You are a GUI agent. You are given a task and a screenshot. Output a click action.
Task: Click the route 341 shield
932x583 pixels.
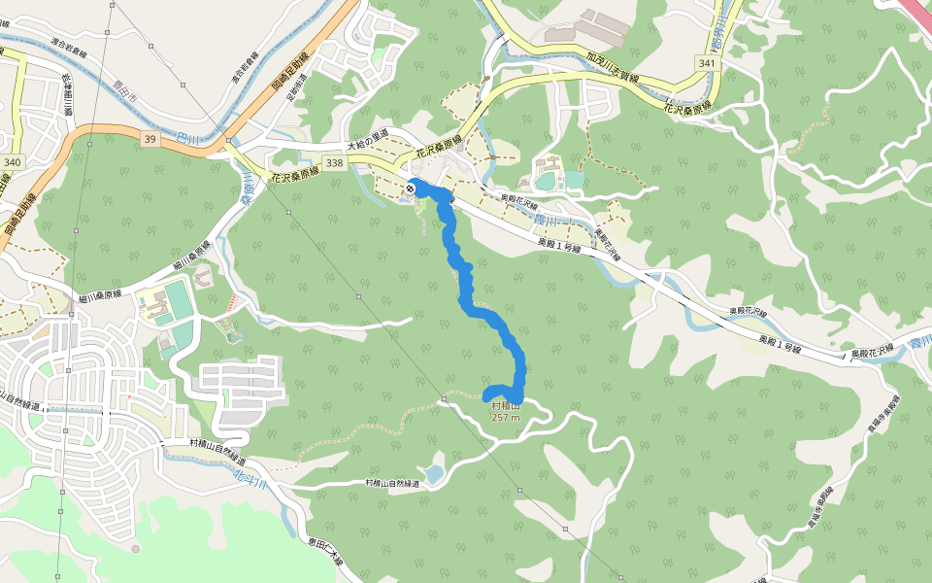click(x=706, y=63)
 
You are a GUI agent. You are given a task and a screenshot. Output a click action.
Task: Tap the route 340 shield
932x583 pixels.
click(x=13, y=161)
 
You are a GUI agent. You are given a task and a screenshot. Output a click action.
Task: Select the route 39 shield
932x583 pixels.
click(x=149, y=140)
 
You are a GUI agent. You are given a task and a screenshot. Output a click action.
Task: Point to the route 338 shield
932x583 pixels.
click(x=335, y=162)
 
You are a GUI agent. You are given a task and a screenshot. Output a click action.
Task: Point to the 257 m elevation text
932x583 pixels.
click(x=506, y=418)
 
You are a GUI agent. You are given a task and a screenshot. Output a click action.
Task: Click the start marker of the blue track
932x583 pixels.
click(x=414, y=188)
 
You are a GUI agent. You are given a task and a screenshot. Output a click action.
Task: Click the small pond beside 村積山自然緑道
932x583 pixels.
click(x=434, y=474)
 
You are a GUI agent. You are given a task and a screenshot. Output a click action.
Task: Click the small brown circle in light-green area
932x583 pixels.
click(x=136, y=549)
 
